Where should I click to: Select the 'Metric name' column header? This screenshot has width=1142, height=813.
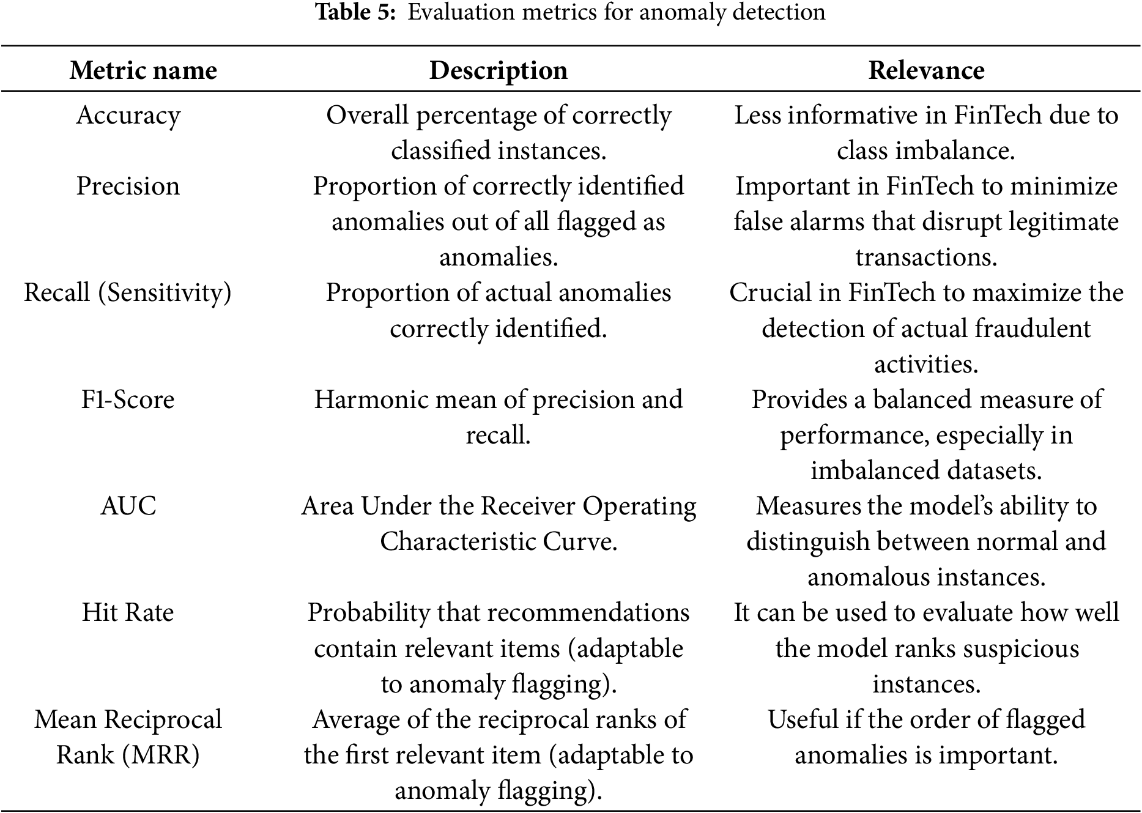(x=143, y=70)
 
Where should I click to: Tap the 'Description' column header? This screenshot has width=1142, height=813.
(x=498, y=70)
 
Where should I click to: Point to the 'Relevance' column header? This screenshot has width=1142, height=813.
(x=926, y=70)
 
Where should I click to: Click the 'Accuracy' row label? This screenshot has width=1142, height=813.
(x=128, y=116)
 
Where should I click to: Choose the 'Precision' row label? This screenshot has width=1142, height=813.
(x=128, y=187)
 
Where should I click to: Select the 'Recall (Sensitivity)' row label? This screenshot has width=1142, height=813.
(x=128, y=293)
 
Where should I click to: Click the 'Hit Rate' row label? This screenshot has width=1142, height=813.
(x=128, y=613)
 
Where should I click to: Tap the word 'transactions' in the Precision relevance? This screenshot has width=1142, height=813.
(x=926, y=258)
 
